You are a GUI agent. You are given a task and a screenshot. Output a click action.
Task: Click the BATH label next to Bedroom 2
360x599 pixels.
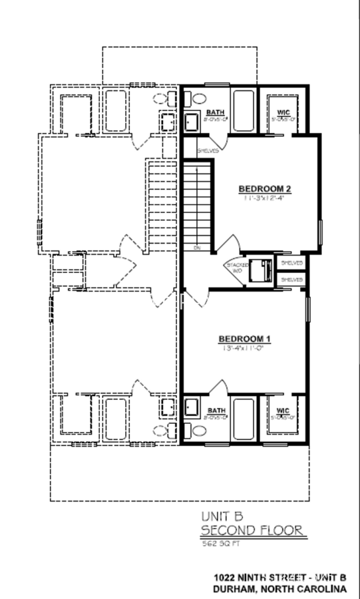pyautogui.click(x=215, y=112)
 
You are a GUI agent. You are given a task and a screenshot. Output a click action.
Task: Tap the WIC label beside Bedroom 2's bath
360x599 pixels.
pyautogui.click(x=282, y=112)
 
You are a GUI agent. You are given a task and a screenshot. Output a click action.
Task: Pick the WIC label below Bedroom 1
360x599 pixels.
pyautogui.click(x=283, y=411)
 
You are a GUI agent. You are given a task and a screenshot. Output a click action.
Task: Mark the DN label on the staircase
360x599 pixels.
pyautogui.click(x=198, y=248)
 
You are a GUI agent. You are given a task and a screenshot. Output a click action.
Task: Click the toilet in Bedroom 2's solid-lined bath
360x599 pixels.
pyautogui.click(x=197, y=99)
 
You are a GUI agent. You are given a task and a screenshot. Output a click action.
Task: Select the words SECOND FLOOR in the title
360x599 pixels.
pyautogui.click(x=253, y=530)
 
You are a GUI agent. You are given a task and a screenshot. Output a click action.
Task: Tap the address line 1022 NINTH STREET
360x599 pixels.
pyautogui.click(x=277, y=578)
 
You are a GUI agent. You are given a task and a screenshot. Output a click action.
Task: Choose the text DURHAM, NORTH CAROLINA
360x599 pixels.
pyautogui.click(x=279, y=589)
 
